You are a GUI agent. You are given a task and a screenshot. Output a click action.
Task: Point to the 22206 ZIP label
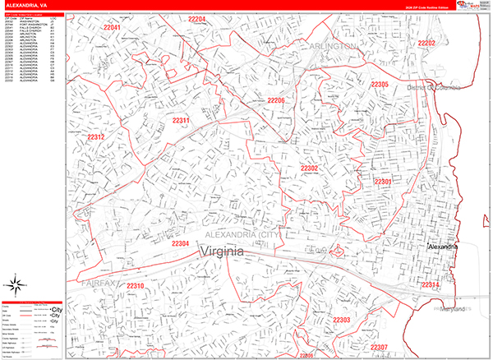click(275, 100)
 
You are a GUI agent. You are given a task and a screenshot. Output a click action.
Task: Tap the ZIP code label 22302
click(310, 168)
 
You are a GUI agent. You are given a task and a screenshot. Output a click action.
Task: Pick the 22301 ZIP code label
click(383, 181)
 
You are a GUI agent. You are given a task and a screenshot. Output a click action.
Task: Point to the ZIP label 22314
click(431, 284)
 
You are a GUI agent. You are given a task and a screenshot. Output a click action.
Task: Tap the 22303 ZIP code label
click(342, 319)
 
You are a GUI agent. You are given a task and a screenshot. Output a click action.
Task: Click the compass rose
click(14, 287)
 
